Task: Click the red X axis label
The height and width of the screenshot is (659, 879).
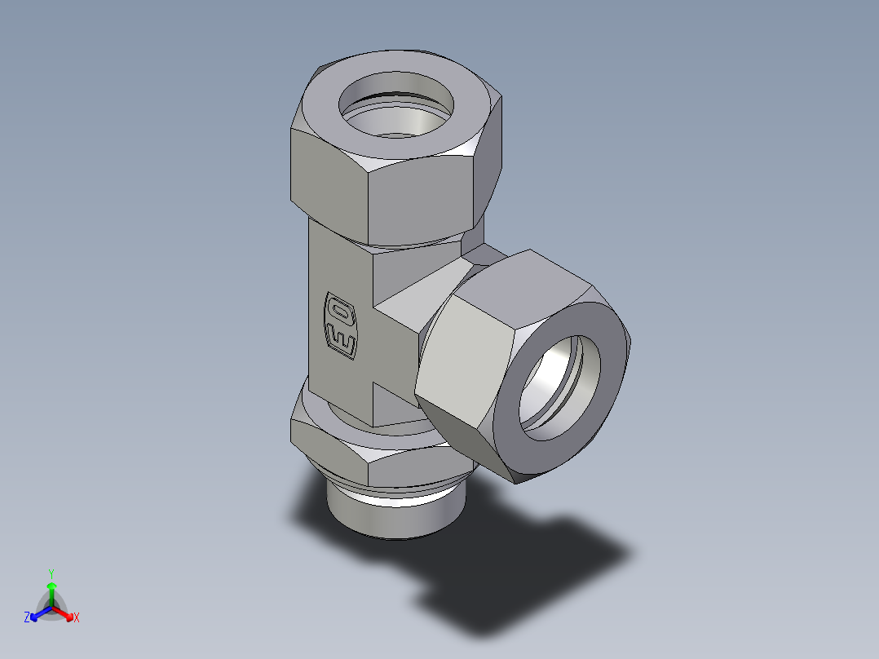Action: pos(77,618)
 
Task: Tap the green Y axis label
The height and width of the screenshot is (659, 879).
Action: pos(51,573)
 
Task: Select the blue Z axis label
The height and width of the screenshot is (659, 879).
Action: pos(27,618)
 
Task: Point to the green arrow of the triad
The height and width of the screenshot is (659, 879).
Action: pos(51,590)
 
